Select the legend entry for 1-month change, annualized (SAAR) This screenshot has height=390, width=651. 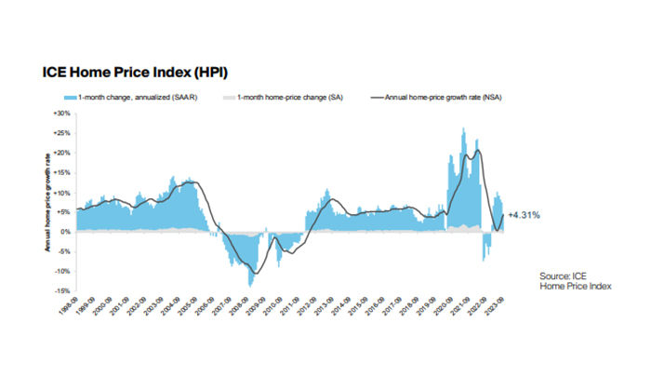pyautogui.click(x=120, y=96)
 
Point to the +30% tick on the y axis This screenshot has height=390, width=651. pyautogui.click(x=61, y=114)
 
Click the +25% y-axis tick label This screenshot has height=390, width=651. pyautogui.click(x=61, y=133)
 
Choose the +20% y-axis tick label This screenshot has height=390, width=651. pyautogui.click(x=61, y=153)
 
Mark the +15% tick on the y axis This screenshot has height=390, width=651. pyautogui.click(x=61, y=173)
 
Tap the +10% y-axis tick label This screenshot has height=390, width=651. pyautogui.click(x=61, y=193)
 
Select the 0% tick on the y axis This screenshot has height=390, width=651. pyautogui.click(x=65, y=232)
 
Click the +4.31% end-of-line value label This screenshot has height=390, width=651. pyautogui.click(x=525, y=215)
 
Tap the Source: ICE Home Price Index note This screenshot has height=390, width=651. pyautogui.click(x=571, y=281)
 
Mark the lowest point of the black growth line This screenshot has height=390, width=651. pyautogui.click(x=256, y=273)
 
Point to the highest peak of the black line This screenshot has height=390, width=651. pyautogui.click(x=478, y=150)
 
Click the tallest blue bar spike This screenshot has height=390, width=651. pyautogui.click(x=463, y=128)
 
